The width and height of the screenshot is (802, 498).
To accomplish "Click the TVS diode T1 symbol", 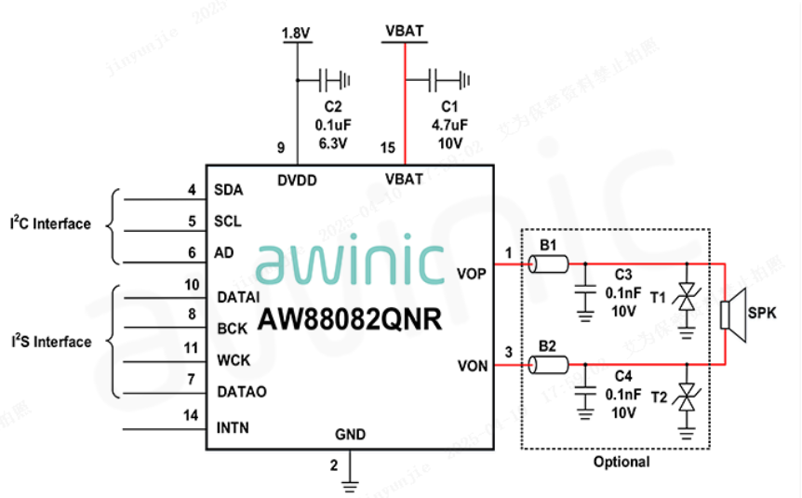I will coord(688,296).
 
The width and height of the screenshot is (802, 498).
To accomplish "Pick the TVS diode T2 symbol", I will coord(688,397).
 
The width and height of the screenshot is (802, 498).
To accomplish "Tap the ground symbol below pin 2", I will coord(350,484).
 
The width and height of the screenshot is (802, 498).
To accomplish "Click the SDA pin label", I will coord(228,191).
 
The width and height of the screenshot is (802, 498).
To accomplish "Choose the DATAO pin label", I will coord(241,392).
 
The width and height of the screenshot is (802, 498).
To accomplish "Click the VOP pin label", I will coord(472,274).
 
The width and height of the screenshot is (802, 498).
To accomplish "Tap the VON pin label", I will coord(472,366).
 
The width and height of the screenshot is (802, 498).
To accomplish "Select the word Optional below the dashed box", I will coord(622,462).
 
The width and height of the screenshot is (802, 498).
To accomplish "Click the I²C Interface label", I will coord(50,223).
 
